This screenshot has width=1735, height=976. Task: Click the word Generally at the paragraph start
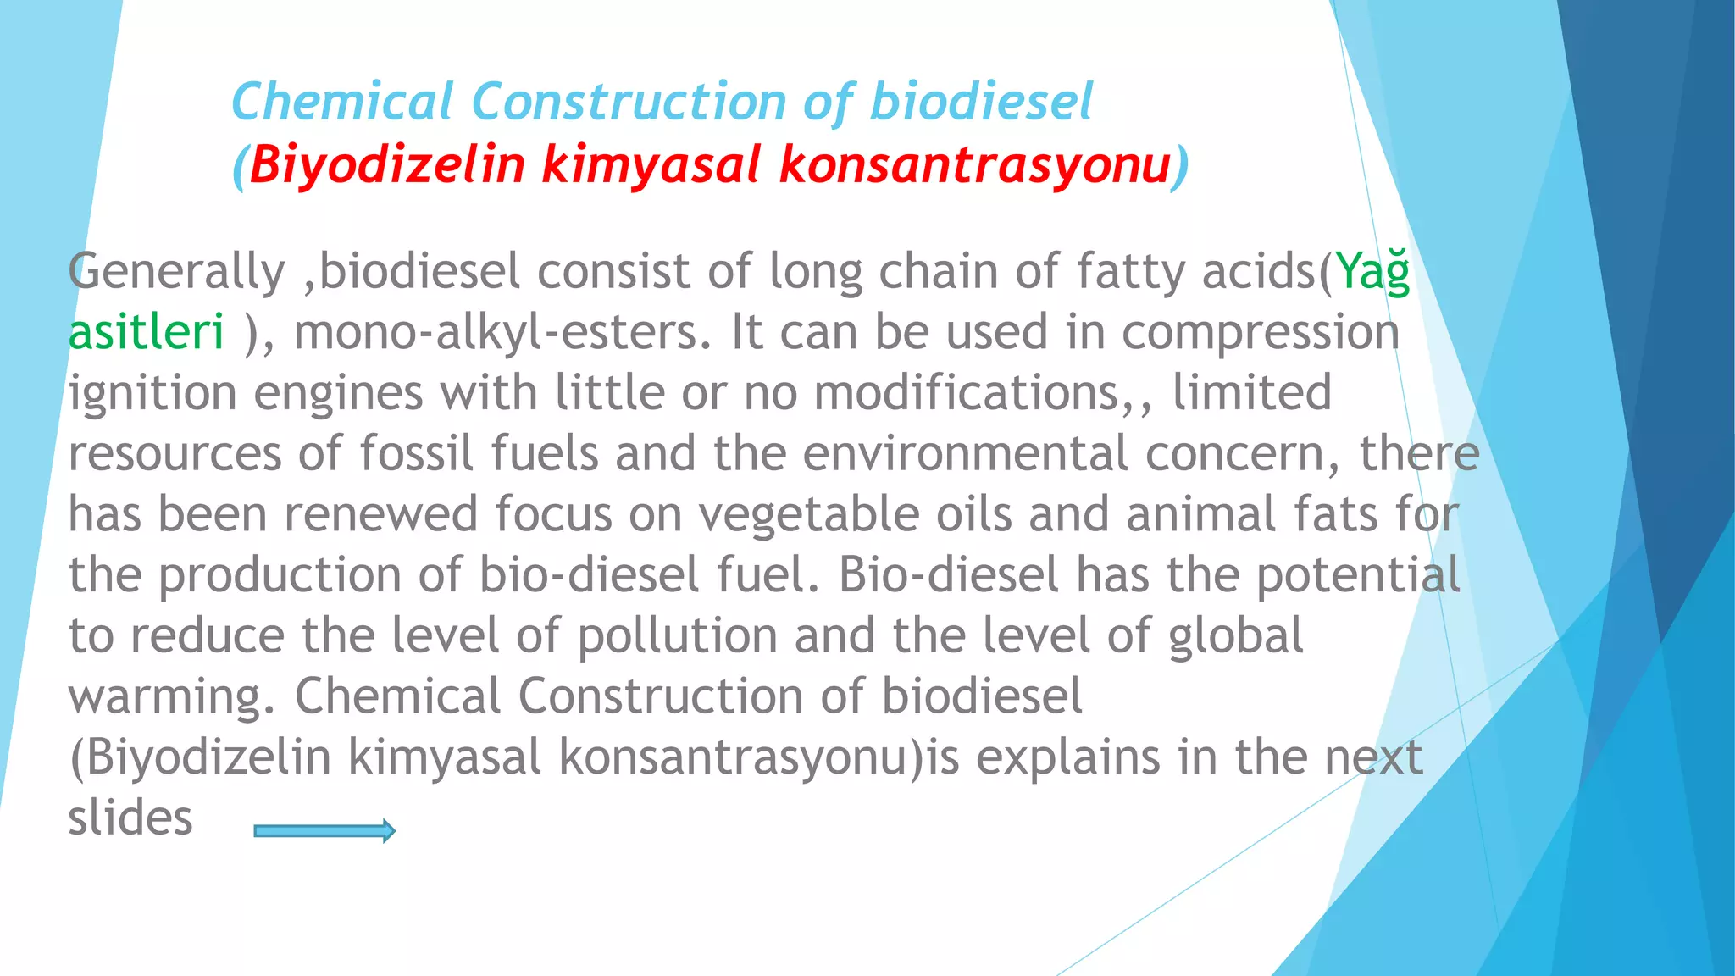(x=176, y=273)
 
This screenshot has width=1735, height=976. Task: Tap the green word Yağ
(x=1372, y=273)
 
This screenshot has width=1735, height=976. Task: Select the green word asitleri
(x=147, y=332)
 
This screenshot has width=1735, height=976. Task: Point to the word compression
(x=1260, y=332)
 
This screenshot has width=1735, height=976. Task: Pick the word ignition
(x=152, y=394)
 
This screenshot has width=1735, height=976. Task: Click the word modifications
(x=967, y=394)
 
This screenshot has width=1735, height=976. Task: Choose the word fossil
(x=416, y=453)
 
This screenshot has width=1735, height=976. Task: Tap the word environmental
(x=965, y=453)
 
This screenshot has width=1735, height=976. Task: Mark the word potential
(x=1358, y=576)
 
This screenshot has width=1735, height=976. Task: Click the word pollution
(x=677, y=636)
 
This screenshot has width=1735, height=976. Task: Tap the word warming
(x=172, y=697)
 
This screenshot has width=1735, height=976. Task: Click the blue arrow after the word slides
(x=324, y=831)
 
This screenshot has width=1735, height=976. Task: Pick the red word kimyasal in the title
(x=651, y=164)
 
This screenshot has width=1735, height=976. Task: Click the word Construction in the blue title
(x=629, y=103)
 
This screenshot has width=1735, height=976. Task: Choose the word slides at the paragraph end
(x=130, y=818)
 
